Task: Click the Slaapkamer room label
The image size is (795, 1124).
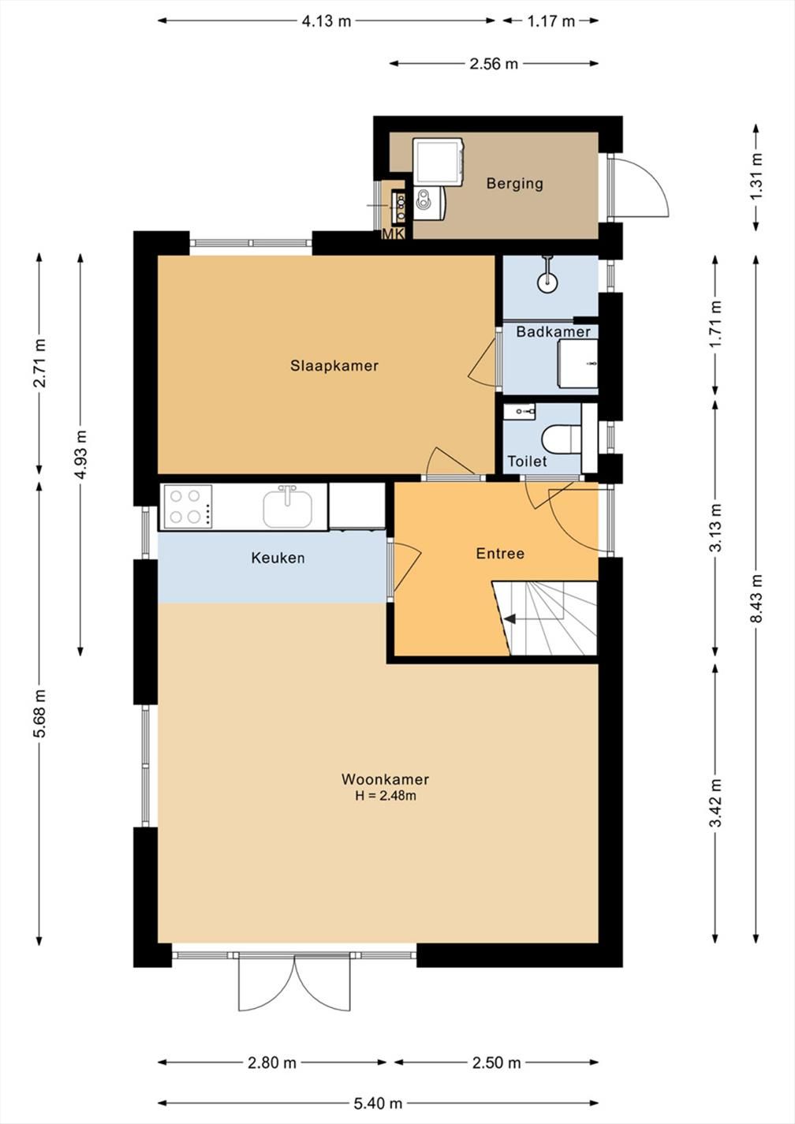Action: tap(334, 365)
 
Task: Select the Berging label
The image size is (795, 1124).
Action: tap(514, 183)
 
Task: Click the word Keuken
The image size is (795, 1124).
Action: tap(278, 558)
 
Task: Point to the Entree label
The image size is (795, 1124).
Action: tap(500, 554)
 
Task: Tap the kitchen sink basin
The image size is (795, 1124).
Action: tap(287, 509)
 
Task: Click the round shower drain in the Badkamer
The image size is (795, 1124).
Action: tap(547, 282)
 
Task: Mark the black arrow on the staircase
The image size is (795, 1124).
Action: tap(509, 619)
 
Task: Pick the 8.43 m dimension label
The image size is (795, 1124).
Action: tap(756, 599)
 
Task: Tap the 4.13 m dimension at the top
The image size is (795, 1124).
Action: tap(326, 21)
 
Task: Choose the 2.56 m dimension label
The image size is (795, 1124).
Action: tap(494, 64)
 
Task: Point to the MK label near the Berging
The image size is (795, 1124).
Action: tap(394, 234)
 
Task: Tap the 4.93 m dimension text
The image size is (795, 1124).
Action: tap(80, 454)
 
